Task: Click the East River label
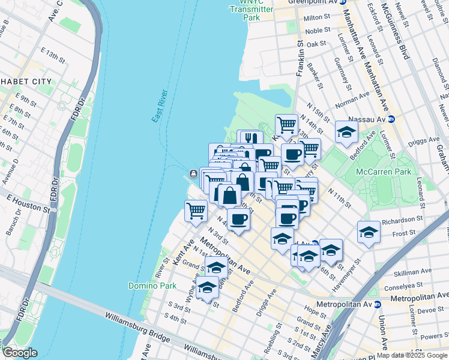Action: [x=159, y=108]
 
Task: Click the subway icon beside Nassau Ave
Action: [x=391, y=119]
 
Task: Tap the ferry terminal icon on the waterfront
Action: [x=194, y=173]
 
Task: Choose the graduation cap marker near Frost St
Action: [x=369, y=232]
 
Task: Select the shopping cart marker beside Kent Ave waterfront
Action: [x=196, y=211]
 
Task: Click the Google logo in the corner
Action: [x=20, y=353]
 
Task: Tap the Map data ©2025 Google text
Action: [x=411, y=355]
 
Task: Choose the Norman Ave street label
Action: [x=352, y=100]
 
